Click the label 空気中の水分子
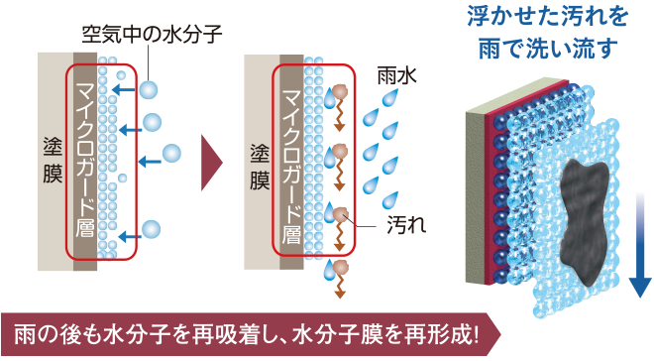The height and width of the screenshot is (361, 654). coord(152,35)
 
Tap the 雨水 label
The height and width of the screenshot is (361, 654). coord(396,75)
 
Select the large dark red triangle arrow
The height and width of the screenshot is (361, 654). coord(212,163)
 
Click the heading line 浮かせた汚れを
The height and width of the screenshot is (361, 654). coord(548,16)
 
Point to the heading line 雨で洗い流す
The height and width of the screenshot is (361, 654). coord(548,48)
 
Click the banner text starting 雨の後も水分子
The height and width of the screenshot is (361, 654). coord(247,334)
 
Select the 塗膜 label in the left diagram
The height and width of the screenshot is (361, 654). coord(53,161)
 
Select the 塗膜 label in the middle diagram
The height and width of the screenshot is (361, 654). coord(260,167)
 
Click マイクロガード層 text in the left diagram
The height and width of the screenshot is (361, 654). coord(85,161)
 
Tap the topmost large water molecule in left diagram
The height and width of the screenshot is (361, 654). coord(149,89)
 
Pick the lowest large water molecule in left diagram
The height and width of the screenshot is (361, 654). coord(151,230)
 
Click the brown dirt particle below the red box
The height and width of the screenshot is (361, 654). coord(341,267)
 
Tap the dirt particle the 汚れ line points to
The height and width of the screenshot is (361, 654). coord(340,213)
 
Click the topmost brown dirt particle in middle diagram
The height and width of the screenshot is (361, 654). coord(340,92)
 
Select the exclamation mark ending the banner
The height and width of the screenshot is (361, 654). coord(475,334)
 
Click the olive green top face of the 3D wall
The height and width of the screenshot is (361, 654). coord(517,95)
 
